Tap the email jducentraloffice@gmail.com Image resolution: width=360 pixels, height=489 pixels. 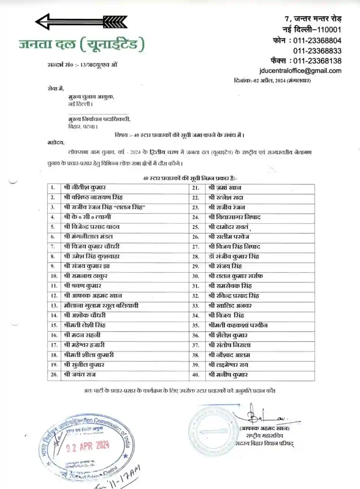tap(300, 71)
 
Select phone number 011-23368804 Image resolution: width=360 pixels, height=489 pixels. tap(317, 40)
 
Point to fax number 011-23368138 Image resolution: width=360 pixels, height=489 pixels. tap(317, 61)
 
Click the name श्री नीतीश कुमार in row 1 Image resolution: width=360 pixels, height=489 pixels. tap(85, 188)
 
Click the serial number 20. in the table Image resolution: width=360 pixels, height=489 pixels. tap(54, 375)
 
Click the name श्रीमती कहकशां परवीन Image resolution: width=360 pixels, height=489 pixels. tap(238, 325)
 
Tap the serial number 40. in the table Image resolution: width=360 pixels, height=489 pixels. tap(196, 375)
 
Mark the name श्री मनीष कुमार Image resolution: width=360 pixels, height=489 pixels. tap(228, 375)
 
